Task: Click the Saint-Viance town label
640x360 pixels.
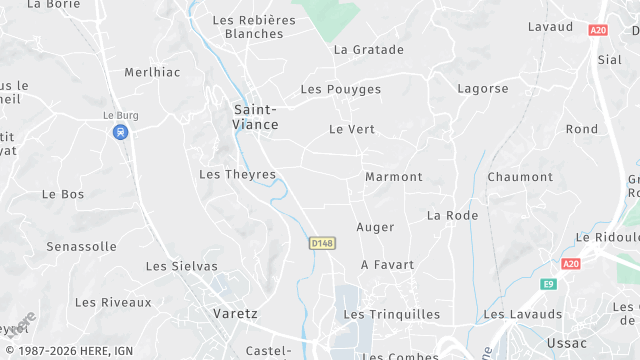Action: click(256, 117)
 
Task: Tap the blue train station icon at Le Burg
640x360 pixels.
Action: click(120, 132)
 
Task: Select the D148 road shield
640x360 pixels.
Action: click(322, 243)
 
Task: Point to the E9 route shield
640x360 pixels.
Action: click(548, 284)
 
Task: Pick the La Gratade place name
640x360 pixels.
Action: click(368, 50)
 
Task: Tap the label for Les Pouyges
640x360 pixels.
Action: click(340, 90)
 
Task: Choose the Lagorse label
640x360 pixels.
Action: click(483, 89)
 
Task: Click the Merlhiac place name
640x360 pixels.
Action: click(151, 73)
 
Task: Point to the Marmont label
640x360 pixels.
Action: click(394, 177)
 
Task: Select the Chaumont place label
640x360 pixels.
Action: click(520, 177)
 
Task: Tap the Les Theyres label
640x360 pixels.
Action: click(237, 175)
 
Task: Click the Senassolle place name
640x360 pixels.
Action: click(82, 246)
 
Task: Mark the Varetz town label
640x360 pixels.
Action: click(235, 314)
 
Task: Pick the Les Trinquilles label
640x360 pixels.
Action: click(391, 315)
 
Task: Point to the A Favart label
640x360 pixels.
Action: click(387, 265)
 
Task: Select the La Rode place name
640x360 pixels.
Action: click(452, 216)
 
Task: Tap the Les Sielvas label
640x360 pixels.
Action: click(181, 267)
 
